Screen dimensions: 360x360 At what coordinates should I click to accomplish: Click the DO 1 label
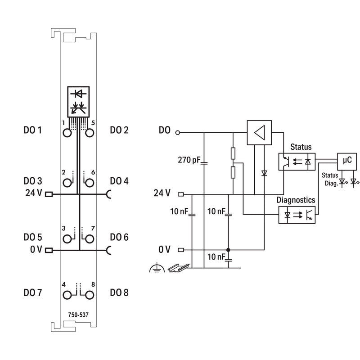click(x=32, y=130)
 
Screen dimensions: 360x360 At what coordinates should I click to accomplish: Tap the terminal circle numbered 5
click(x=90, y=133)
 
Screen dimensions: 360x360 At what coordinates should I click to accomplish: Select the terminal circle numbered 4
click(x=67, y=295)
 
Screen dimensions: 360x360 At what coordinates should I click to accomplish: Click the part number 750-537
click(x=78, y=315)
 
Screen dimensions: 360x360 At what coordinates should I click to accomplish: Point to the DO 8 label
click(x=119, y=293)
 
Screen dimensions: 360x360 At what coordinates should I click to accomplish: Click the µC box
click(x=347, y=162)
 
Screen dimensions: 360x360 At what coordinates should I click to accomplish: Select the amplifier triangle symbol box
click(x=259, y=132)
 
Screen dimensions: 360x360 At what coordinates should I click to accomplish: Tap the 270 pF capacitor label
click(x=189, y=160)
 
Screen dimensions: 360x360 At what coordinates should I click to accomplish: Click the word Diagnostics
click(x=296, y=200)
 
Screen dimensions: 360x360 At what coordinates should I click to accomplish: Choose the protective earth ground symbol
click(x=157, y=268)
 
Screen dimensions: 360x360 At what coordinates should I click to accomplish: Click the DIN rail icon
click(x=179, y=268)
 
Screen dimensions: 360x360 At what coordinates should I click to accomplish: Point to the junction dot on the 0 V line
click(x=228, y=250)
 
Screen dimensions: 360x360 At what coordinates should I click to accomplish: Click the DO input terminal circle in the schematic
click(x=177, y=132)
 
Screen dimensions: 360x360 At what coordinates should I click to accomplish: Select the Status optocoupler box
click(x=297, y=162)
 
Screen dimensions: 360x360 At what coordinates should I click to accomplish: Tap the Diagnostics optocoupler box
click(x=297, y=215)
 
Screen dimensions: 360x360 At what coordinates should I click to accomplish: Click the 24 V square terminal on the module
click(x=49, y=194)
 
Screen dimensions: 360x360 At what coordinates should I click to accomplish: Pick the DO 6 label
click(x=119, y=237)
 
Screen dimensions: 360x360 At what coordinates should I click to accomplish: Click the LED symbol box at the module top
click(x=78, y=102)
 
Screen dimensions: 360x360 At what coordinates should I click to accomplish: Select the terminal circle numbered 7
click(x=90, y=239)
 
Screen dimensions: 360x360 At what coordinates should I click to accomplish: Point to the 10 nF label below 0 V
click(x=216, y=256)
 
